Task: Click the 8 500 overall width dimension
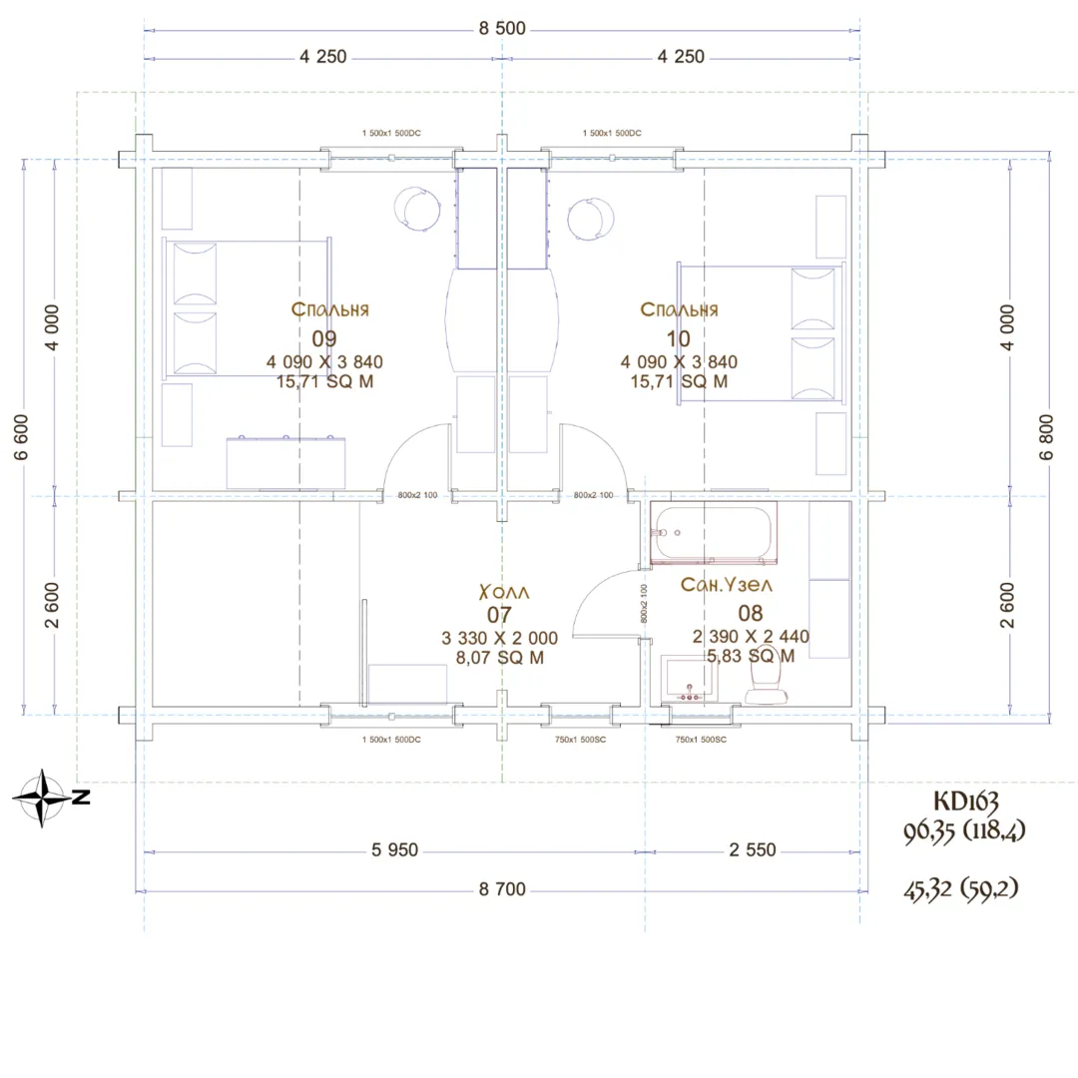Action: click(x=502, y=28)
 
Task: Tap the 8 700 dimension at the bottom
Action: click(x=502, y=889)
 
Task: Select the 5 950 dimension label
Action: click(x=394, y=849)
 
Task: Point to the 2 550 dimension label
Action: click(x=753, y=849)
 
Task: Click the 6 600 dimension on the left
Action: click(x=21, y=436)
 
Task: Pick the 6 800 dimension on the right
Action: click(x=1046, y=436)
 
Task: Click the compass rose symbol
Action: click(x=43, y=798)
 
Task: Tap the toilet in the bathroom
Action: click(x=766, y=676)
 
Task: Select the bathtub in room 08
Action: click(x=714, y=533)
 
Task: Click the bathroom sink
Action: click(x=690, y=679)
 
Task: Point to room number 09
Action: click(x=323, y=339)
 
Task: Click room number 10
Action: click(x=678, y=339)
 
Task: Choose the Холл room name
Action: click(x=504, y=592)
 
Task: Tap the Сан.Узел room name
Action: click(x=726, y=584)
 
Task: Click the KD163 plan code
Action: click(x=965, y=801)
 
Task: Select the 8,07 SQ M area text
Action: click(x=500, y=658)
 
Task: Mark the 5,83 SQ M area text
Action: click(x=751, y=656)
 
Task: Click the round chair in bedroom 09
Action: click(x=416, y=209)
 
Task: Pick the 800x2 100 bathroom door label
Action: click(x=644, y=604)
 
